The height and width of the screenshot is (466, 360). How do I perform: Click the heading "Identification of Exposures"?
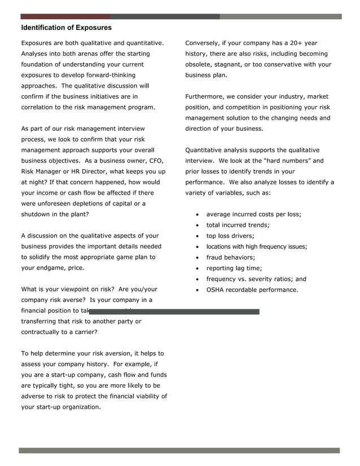pyautogui.click(x=66, y=28)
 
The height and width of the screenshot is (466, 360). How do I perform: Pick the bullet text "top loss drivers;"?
pyautogui.click(x=230, y=236)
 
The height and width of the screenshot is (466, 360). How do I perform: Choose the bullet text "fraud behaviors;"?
pyautogui.click(x=230, y=257)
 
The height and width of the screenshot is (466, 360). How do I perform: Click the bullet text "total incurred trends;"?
pyautogui.click(x=238, y=225)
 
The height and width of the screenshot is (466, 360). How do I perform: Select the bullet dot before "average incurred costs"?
pyautogui.click(x=196, y=215)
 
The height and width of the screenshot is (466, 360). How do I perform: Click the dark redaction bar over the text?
pyautogui.click(x=175, y=311)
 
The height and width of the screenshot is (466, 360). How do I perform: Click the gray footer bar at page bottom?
pyautogui.click(x=179, y=451)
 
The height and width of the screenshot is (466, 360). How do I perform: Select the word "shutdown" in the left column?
pyautogui.click(x=37, y=214)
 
